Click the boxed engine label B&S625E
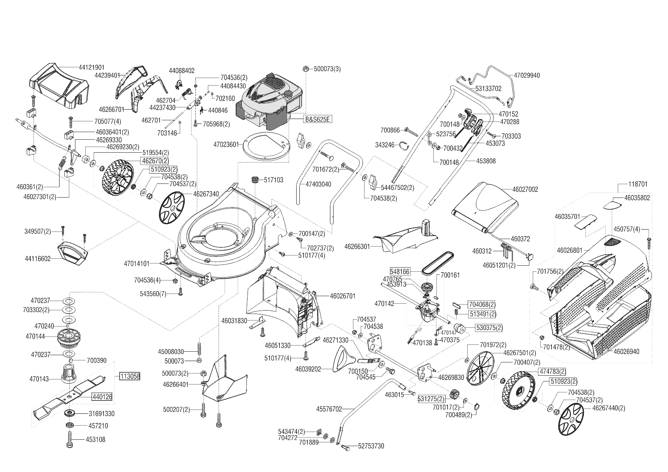pyautogui.click(x=317, y=119)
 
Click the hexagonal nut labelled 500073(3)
pyautogui.click(x=305, y=69)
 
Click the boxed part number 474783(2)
pyautogui.click(x=552, y=372)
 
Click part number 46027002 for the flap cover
pyautogui.click(x=525, y=189)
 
